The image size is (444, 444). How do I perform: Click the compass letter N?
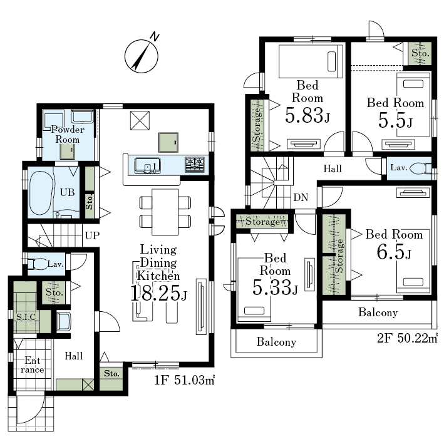click(x=154, y=37)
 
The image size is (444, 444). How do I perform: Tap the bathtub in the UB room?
click(x=41, y=193)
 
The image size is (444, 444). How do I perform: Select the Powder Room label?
click(x=68, y=135)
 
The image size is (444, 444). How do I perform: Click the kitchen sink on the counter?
click(x=147, y=165)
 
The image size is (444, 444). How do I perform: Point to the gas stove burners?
click(x=195, y=165)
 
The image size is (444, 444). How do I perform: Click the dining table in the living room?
click(x=165, y=212)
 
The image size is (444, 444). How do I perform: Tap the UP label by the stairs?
click(x=92, y=235)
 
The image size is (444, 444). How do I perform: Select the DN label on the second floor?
click(x=301, y=197)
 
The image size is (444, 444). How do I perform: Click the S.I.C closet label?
click(x=26, y=317)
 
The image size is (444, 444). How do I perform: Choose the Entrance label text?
click(x=33, y=365)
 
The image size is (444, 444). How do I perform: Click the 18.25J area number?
click(x=158, y=293)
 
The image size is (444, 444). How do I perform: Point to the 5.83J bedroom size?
click(x=307, y=115)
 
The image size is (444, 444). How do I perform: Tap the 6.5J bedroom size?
click(x=394, y=252)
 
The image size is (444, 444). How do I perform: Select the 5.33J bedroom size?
click(x=275, y=287)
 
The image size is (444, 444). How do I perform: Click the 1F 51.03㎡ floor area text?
click(x=184, y=380)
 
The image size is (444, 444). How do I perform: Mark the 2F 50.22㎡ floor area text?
click(x=407, y=338)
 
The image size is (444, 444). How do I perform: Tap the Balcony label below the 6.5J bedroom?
click(x=378, y=312)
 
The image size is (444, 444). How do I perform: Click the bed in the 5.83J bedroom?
click(x=311, y=61)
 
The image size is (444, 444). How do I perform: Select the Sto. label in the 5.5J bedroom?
click(x=420, y=53)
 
